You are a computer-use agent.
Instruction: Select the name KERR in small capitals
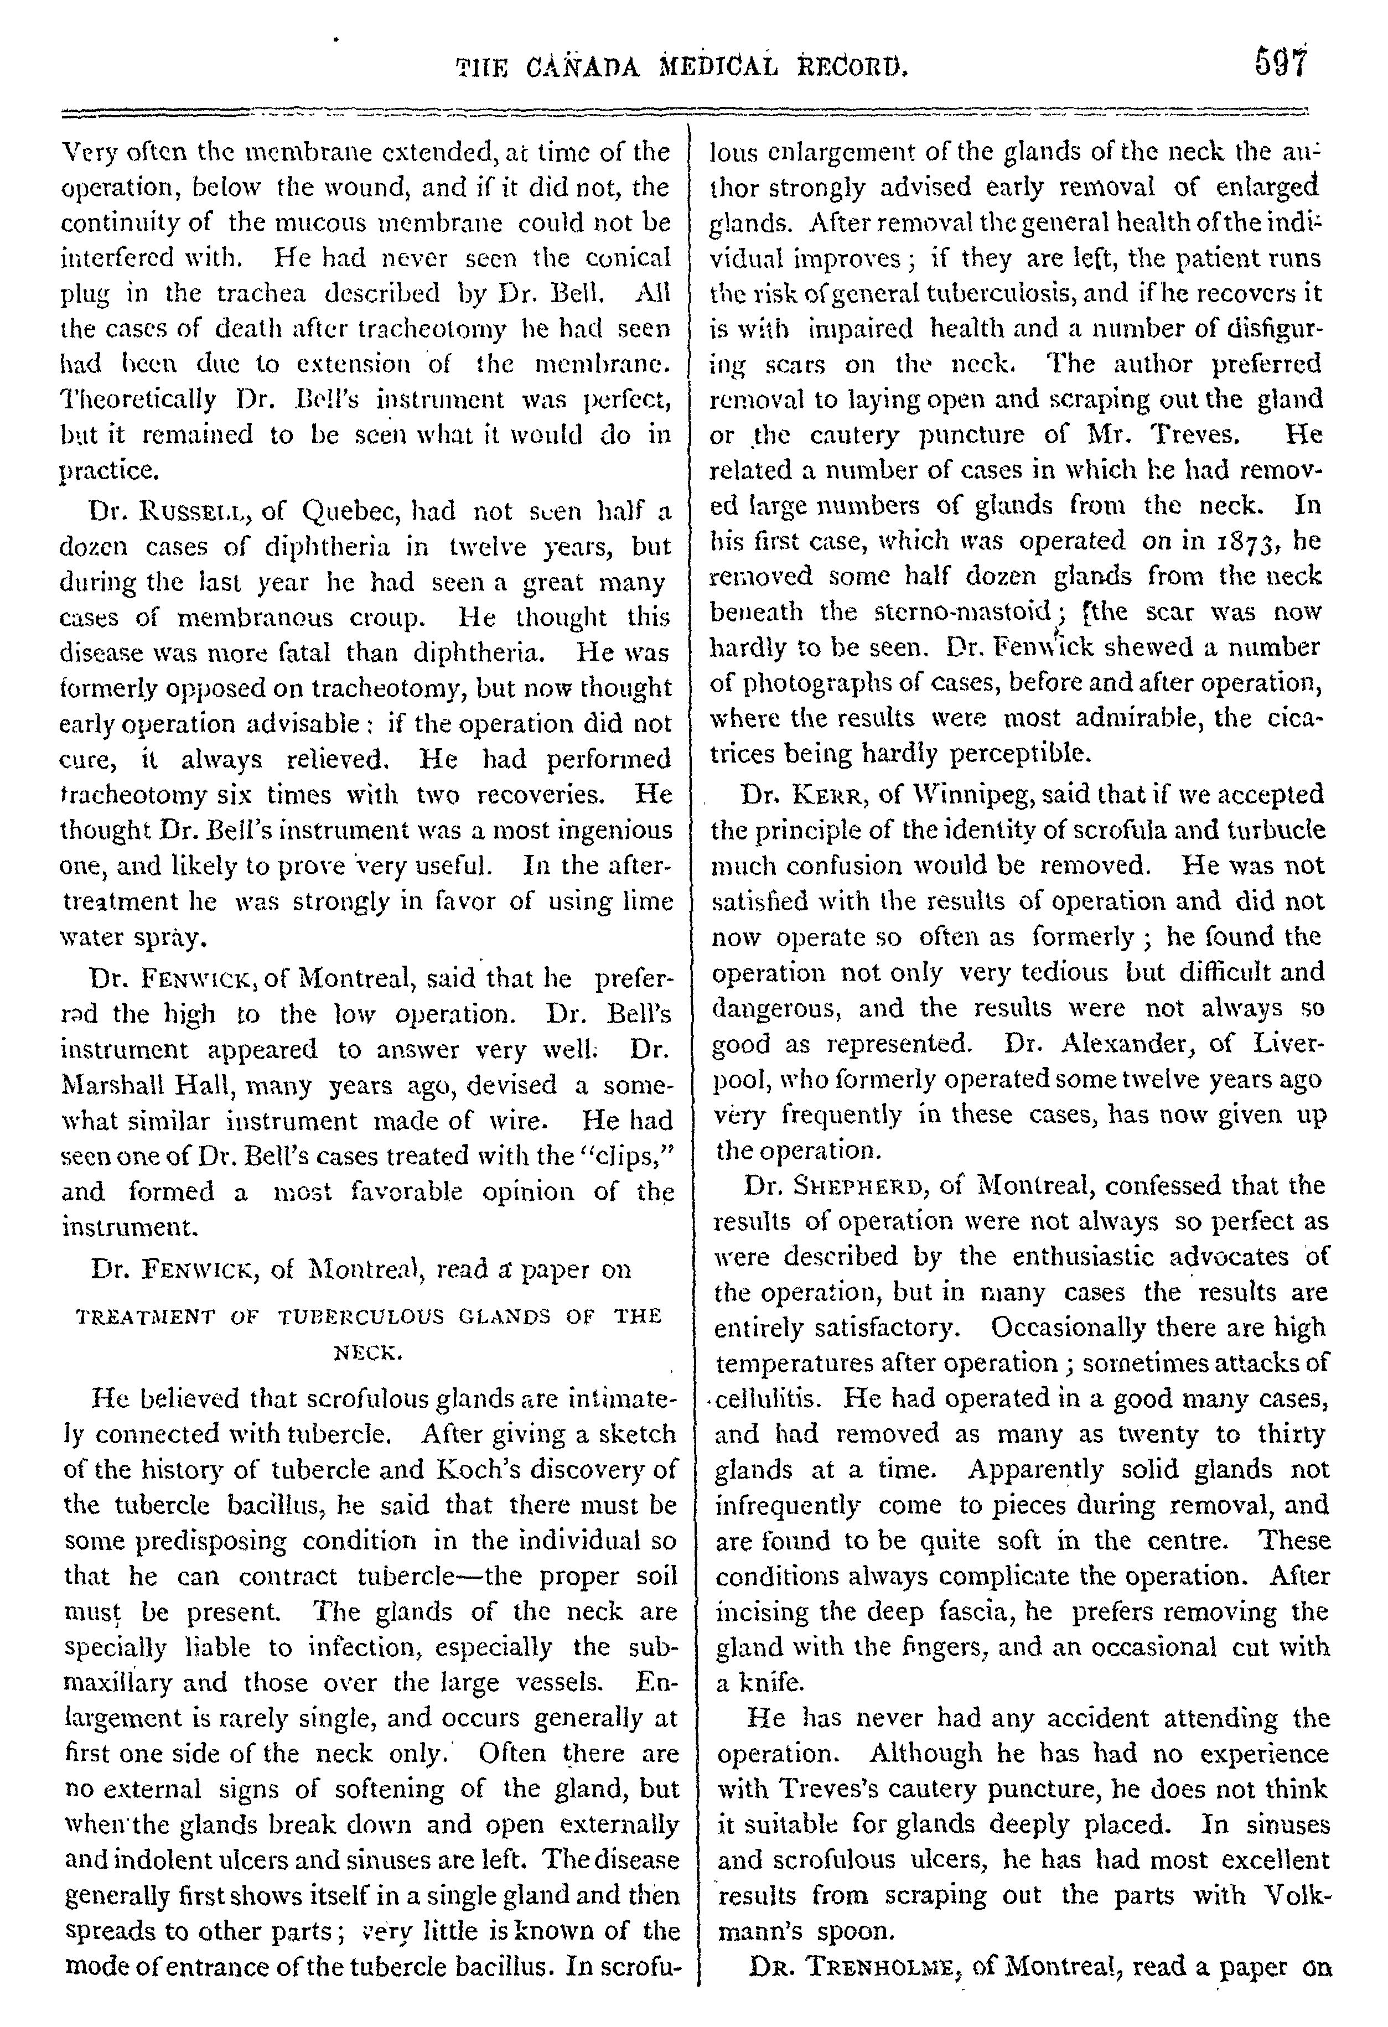pyautogui.click(x=831, y=795)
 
